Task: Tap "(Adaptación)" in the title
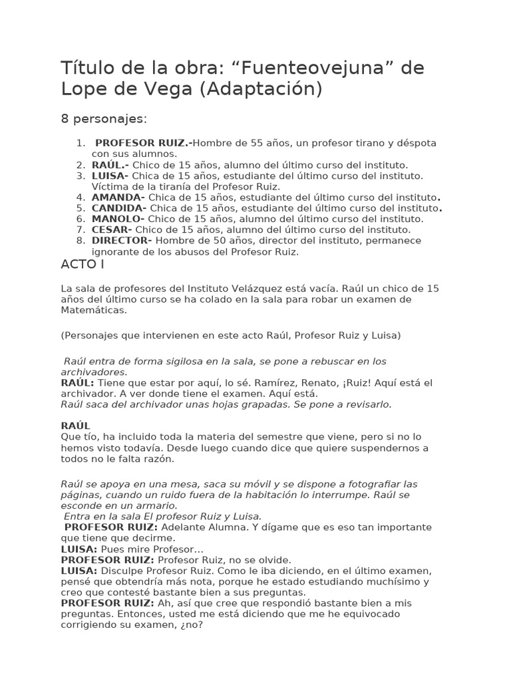pyautogui.click(x=261, y=89)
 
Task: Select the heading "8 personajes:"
pyautogui.click(x=104, y=119)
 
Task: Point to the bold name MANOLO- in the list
pyautogui.click(x=118, y=219)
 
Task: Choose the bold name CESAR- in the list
pyautogui.click(x=112, y=229)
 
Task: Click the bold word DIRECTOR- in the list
pyautogui.click(x=122, y=240)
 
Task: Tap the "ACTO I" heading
pyautogui.click(x=83, y=265)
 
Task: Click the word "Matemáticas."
pyautogui.click(x=93, y=310)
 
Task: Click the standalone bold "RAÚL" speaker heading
pyautogui.click(x=75, y=426)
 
